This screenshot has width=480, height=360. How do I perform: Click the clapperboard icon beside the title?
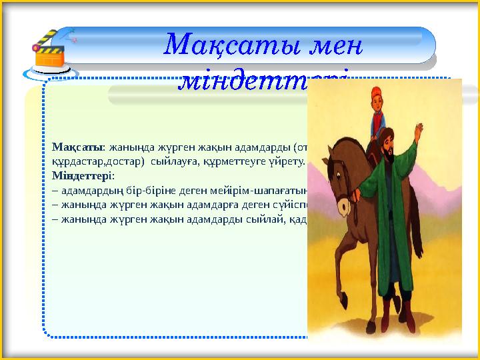point(51,51)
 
